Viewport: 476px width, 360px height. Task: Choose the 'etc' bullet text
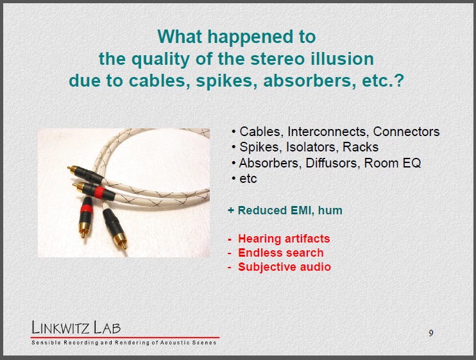coord(248,179)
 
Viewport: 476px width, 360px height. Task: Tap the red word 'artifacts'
coord(307,239)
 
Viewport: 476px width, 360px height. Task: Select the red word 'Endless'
coord(260,253)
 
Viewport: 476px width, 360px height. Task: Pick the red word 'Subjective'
coord(267,267)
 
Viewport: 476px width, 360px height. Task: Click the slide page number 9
coord(431,333)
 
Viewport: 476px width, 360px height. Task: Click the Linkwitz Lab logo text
coord(76,327)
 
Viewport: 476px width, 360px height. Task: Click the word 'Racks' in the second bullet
coord(361,147)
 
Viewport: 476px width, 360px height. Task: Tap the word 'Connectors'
coord(406,132)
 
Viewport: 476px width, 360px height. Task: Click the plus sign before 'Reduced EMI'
coord(231,210)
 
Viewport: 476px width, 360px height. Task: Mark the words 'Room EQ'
coord(392,163)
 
